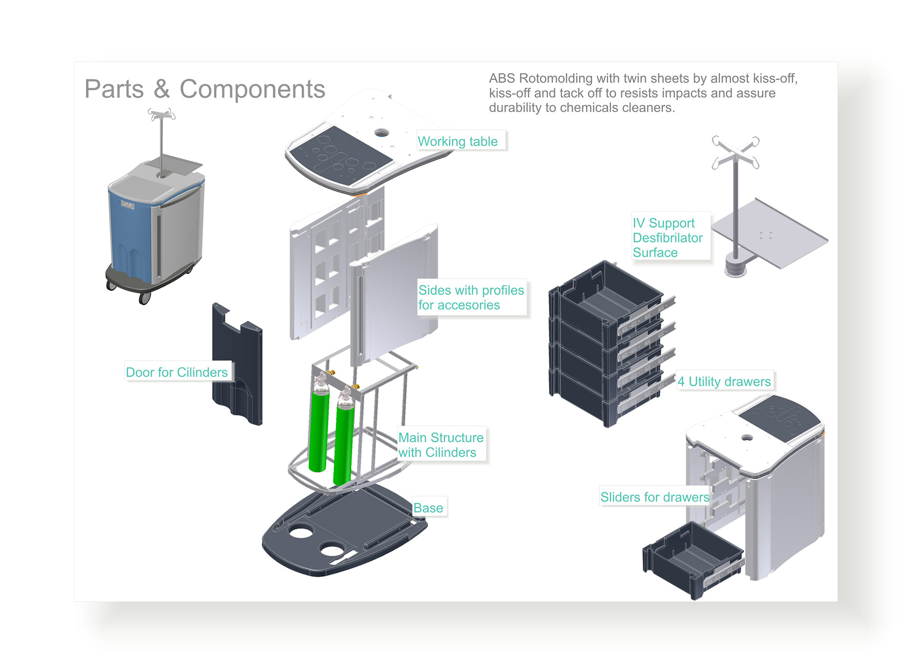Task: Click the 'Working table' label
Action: pyautogui.click(x=458, y=141)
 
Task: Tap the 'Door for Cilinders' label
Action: pyautogui.click(x=176, y=372)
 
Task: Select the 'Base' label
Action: pyautogui.click(x=428, y=508)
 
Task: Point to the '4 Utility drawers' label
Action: pyautogui.click(x=724, y=382)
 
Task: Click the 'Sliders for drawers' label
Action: pyautogui.click(x=655, y=497)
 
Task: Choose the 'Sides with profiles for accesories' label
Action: pyautogui.click(x=471, y=297)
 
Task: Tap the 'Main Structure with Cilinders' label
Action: pyautogui.click(x=441, y=445)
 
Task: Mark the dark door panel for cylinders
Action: pyautogui.click(x=238, y=366)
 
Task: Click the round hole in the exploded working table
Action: pyautogui.click(x=382, y=132)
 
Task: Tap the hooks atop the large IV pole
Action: pyautogui.click(x=736, y=152)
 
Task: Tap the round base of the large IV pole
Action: pyautogui.click(x=736, y=268)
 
